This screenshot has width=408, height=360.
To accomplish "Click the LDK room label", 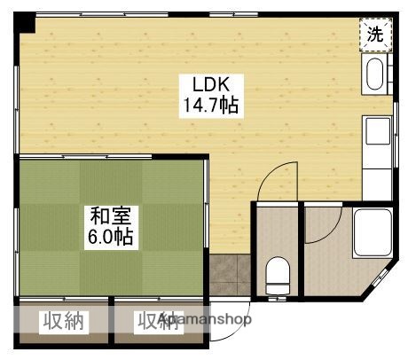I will pos(212,84).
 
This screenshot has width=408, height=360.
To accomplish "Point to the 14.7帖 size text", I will pos(212,105).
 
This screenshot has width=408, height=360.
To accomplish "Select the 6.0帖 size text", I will pos(111,237).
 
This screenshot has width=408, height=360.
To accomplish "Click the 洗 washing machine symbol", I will pos(377,35).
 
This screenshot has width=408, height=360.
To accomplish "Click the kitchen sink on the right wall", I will pos(376,133).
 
